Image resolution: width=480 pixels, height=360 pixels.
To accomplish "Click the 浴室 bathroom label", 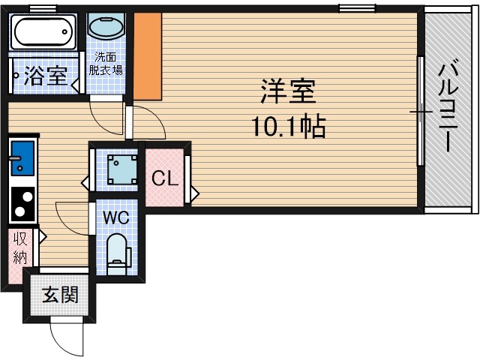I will point(46,75).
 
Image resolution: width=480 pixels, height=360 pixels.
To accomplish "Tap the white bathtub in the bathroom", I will point(43,33).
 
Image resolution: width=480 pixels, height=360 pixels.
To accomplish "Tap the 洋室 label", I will point(288,93).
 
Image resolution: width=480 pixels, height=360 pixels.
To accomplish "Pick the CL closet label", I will point(164,178).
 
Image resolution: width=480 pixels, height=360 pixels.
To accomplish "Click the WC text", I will point(116,217).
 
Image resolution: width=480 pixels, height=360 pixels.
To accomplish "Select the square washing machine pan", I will point(119,169).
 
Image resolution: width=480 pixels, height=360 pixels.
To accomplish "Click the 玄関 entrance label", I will point(59,295).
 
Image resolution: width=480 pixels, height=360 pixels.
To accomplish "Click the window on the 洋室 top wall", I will point(357,8).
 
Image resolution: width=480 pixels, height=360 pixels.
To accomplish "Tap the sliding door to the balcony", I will point(421,112).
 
